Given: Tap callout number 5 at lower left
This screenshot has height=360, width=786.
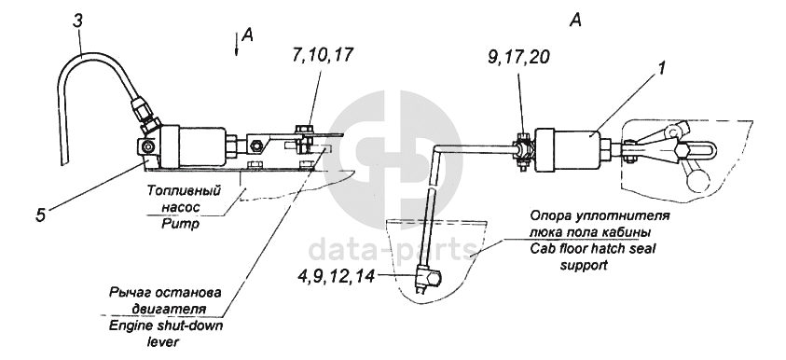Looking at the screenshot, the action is tap(41, 215).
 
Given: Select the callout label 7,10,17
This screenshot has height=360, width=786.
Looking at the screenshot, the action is tap(321, 55).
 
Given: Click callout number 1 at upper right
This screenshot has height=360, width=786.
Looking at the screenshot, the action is tap(661, 69).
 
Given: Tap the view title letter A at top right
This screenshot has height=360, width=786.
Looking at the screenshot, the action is tap(576, 21).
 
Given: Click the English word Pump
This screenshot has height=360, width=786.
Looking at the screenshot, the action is tap(180, 224).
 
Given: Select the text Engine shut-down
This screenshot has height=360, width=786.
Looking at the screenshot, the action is tap(166, 325).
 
